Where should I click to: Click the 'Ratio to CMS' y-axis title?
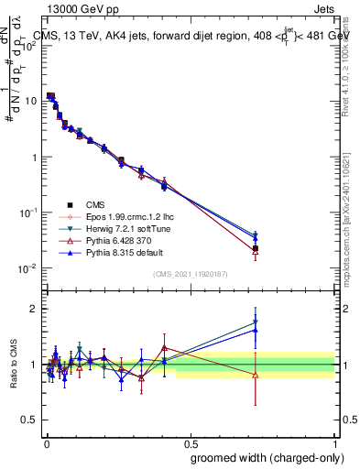pos(12,365)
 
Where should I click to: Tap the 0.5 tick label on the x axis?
pos(190,442)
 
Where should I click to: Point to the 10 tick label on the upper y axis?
pos(30,101)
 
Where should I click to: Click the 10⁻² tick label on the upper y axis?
pos(28,268)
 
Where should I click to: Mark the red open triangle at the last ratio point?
pos(256,375)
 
